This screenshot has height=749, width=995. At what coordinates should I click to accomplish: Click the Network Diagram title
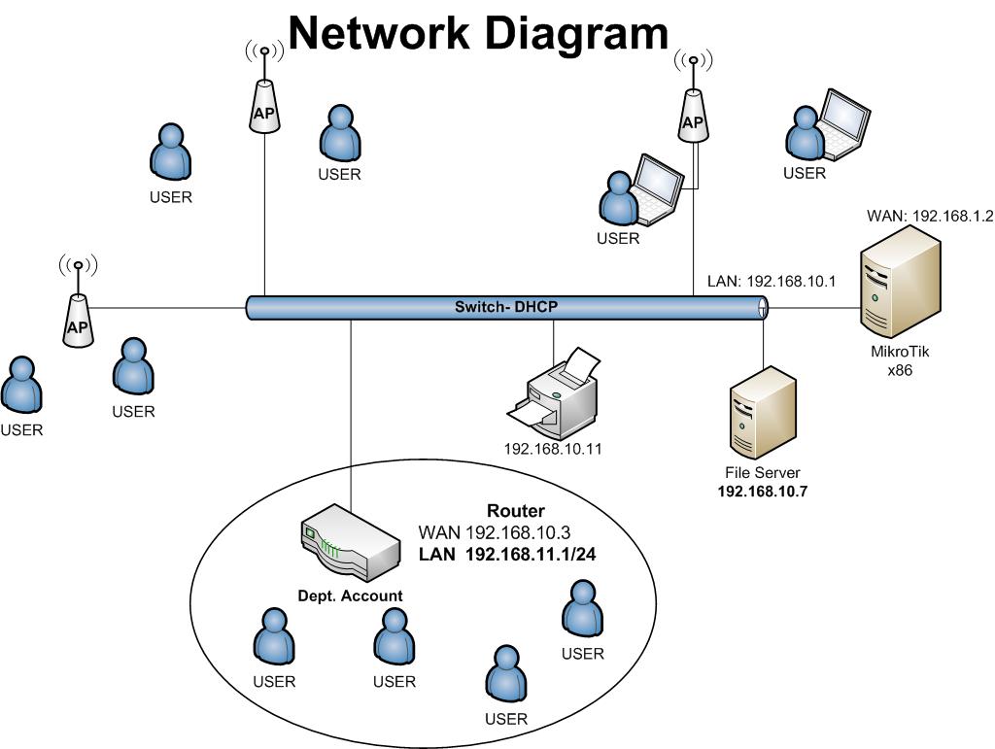478,33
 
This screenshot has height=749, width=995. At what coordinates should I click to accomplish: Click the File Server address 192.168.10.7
763,492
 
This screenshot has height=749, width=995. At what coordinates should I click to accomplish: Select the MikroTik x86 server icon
900,282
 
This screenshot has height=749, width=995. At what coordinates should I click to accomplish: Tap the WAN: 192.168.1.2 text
928,216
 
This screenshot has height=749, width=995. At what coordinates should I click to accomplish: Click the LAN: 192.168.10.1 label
772,281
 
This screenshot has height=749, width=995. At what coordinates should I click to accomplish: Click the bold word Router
515,511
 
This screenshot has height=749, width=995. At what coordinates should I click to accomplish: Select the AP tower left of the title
263,97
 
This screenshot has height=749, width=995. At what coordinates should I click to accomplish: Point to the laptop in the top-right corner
841,124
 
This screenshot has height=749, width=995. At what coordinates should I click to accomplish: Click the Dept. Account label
350,596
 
